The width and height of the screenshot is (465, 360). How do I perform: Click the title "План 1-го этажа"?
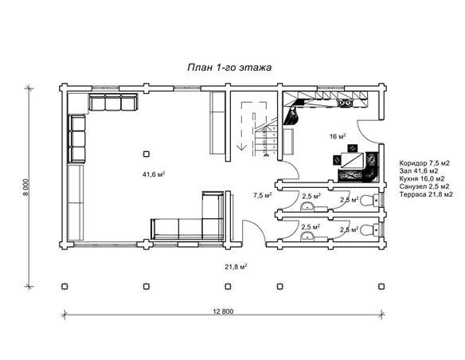pyautogui.click(x=229, y=68)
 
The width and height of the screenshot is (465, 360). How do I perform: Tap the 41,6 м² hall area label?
pyautogui.click(x=154, y=174)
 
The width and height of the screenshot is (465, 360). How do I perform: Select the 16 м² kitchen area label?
pyautogui.click(x=338, y=136)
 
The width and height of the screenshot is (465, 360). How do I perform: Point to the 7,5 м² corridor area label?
pyautogui.click(x=263, y=195)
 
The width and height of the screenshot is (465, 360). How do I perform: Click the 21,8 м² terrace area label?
pyautogui.click(x=236, y=267)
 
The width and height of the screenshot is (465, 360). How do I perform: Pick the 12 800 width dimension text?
pyautogui.click(x=223, y=311)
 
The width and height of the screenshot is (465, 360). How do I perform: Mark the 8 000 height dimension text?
pyautogui.click(x=25, y=187)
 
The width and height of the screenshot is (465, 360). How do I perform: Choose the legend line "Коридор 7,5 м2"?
pyautogui.click(x=424, y=163)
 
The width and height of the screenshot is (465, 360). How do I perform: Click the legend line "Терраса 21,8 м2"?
pyautogui.click(x=426, y=194)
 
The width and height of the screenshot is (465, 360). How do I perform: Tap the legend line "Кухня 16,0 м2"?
pyautogui.click(x=422, y=179)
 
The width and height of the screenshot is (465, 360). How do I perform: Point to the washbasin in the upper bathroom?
pyautogui.click(x=307, y=207)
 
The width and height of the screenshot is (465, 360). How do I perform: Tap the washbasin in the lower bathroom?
pyautogui.click(x=307, y=236)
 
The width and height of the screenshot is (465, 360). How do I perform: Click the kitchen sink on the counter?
pyautogui.click(x=345, y=103)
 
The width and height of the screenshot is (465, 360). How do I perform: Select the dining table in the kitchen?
pyautogui.click(x=352, y=160)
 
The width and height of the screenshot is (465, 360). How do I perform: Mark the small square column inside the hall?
pyautogui.click(x=147, y=154)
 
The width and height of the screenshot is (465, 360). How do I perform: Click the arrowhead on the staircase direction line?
pyautogui.click(x=243, y=147)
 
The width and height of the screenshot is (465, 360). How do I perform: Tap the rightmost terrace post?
pyautogui.click(x=381, y=287)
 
